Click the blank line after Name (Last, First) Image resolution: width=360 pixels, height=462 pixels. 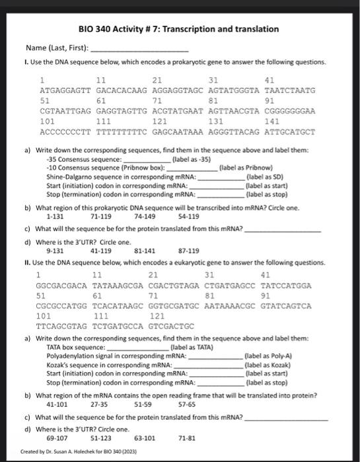(139, 49)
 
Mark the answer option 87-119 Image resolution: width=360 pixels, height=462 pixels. (188, 251)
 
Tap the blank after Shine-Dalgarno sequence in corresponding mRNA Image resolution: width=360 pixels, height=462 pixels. (220, 178)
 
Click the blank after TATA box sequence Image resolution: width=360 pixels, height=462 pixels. (137, 346)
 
